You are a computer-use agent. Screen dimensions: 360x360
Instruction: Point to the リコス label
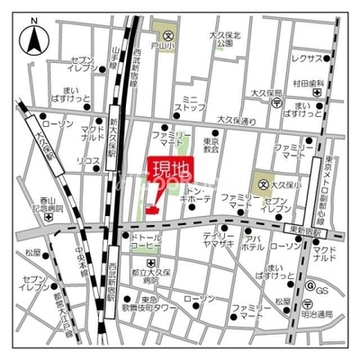[87, 160]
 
